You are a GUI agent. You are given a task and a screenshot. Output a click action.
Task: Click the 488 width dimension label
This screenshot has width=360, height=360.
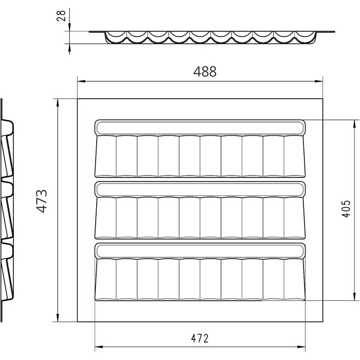click(x=205, y=71)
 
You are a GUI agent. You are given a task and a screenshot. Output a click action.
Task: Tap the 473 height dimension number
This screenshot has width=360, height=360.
click(x=42, y=202)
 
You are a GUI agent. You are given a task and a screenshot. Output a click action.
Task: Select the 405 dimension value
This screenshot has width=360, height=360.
click(x=346, y=209)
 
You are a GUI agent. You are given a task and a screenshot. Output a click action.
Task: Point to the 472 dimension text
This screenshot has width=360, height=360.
click(x=200, y=338)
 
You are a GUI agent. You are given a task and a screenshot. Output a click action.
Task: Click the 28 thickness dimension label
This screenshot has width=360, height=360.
click(x=61, y=16)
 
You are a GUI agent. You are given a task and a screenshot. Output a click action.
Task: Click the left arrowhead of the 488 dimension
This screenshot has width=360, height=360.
click(x=81, y=81)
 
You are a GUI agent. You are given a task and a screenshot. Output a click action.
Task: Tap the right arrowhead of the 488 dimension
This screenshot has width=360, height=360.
click(x=319, y=81)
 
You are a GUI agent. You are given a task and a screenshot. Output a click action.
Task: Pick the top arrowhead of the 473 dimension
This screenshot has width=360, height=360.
click(x=58, y=103)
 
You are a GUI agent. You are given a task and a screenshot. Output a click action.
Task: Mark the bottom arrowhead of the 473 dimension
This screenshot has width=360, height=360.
click(x=58, y=317)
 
